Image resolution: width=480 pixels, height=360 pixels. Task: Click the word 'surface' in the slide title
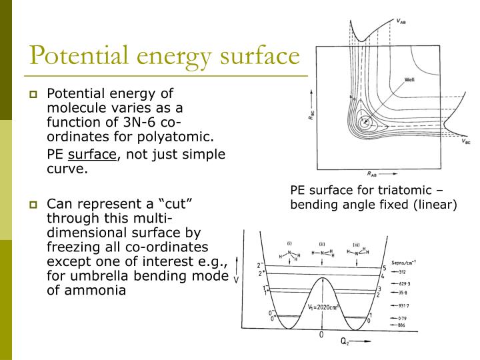[253, 56]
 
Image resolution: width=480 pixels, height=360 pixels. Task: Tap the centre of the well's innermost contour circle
[364, 123]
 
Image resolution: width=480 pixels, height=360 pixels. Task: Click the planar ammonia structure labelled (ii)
[322, 253]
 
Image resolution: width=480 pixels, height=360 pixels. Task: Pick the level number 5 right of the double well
[385, 268]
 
